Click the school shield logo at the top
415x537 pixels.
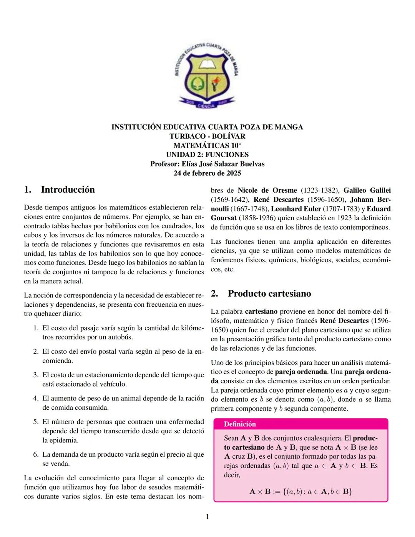pyautogui.click(x=207, y=75)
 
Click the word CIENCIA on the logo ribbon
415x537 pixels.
pyautogui.click(x=207, y=106)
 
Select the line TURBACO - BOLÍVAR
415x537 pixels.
pyautogui.click(x=207, y=136)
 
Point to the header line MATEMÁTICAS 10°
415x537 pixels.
pyautogui.click(x=207, y=145)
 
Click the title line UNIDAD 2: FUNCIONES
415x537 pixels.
pyautogui.click(x=207, y=155)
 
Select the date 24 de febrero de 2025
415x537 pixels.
pyautogui.click(x=207, y=173)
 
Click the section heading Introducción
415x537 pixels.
pyautogui.click(x=68, y=190)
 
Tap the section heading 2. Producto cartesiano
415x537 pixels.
pyautogui.click(x=269, y=294)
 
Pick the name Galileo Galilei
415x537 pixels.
pyautogui.click(x=367, y=190)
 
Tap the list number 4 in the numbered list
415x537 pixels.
pyautogui.click(x=35, y=398)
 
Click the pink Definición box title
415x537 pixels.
pyautogui.click(x=240, y=424)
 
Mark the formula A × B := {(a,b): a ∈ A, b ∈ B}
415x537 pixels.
pyautogui.click(x=301, y=491)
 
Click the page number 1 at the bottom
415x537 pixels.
pyautogui.click(x=207, y=517)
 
